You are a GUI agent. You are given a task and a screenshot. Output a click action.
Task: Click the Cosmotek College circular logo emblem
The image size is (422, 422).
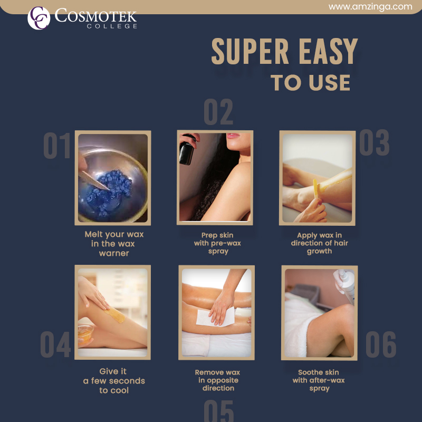[39, 18]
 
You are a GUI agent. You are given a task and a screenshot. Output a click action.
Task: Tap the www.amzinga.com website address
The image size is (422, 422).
[370, 7]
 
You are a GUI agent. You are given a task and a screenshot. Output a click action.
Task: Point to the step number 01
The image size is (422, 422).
[57, 146]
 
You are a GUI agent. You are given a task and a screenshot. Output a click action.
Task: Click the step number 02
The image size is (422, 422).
[218, 112]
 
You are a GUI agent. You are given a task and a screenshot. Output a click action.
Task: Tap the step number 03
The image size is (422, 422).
[375, 142]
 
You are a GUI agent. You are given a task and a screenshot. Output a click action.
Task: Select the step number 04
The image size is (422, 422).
[55, 344]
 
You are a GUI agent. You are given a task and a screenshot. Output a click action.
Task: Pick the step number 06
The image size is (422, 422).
[381, 344]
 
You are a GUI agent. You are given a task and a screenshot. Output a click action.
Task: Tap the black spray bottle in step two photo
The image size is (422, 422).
[187, 150]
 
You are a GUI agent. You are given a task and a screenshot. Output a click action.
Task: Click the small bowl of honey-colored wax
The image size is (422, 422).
[85, 334]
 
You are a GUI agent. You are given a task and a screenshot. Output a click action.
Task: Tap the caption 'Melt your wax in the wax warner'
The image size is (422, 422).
[114, 244]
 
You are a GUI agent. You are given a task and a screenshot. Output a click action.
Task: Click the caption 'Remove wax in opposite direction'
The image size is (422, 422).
[217, 380]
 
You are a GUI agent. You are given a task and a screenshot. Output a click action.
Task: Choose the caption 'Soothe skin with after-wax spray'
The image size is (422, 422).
[319, 380]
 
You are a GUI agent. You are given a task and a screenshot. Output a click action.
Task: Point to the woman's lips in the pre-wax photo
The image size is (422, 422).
[233, 136]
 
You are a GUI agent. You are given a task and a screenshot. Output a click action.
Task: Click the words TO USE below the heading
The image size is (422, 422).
[311, 82]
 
